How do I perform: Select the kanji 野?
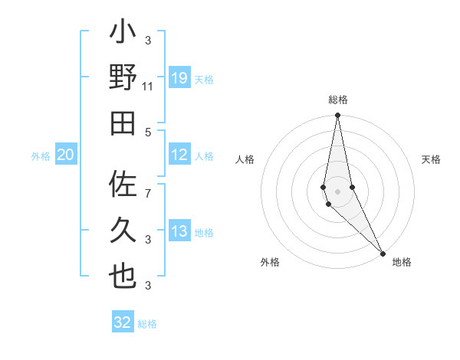123,78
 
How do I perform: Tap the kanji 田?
123,123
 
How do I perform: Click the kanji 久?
123,230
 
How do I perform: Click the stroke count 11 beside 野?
148,87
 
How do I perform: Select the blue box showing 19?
179,77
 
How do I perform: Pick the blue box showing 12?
179,155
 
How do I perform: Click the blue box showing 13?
179,231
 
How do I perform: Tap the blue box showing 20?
65,155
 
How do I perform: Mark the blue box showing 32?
123,322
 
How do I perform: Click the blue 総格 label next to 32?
147,324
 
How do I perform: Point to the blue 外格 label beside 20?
41,156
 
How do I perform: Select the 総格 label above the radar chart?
337,100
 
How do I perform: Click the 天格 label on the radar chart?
432,159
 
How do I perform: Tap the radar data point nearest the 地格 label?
383,252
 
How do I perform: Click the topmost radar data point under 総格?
337,116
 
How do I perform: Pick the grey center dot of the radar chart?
337,191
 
